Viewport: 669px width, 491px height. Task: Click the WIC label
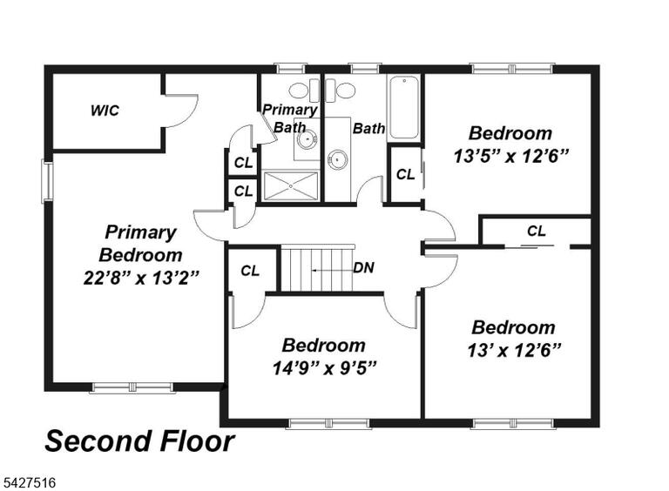click(105, 111)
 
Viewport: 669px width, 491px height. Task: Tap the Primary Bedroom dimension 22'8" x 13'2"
click(141, 279)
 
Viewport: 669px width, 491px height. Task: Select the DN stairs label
click(363, 267)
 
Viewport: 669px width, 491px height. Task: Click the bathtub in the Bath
click(403, 107)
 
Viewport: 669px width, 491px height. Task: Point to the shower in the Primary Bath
click(291, 185)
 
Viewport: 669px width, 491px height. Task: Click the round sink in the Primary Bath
click(307, 139)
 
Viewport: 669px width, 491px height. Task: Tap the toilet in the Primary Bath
click(304, 91)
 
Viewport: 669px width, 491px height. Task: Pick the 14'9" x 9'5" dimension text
click(324, 367)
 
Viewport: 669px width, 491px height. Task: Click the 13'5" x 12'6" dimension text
click(510, 156)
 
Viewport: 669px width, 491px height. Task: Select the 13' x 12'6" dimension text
click(514, 350)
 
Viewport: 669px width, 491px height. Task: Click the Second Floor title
click(139, 441)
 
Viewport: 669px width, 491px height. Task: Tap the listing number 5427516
click(30, 483)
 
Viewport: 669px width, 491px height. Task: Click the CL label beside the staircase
click(250, 271)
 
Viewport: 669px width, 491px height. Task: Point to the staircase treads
click(317, 268)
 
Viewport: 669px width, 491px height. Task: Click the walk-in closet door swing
click(182, 111)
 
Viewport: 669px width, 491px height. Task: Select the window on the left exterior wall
click(47, 181)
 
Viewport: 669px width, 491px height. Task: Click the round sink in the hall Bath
click(337, 159)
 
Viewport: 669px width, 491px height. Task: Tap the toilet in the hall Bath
click(341, 91)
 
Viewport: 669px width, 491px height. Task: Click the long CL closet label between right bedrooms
click(537, 231)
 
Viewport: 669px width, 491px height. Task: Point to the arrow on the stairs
click(332, 270)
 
